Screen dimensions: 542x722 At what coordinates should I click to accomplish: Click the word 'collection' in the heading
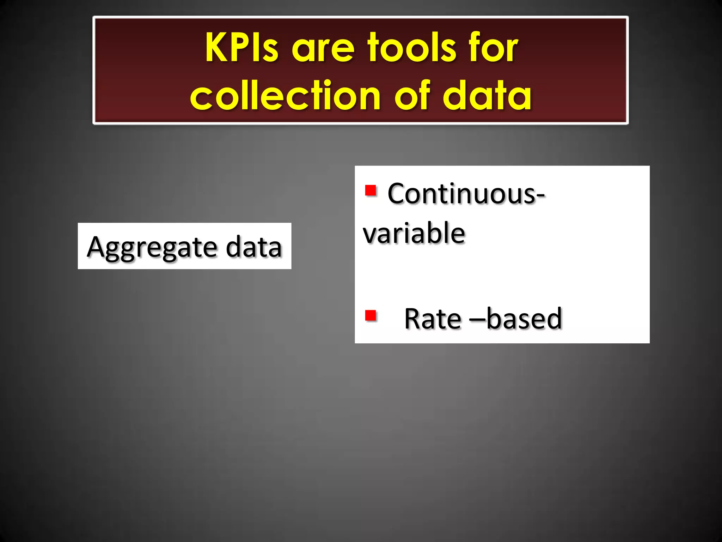tap(285, 95)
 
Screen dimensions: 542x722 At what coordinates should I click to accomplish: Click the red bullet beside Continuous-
tap(371, 191)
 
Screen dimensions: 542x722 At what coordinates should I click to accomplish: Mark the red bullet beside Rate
tap(371, 315)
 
